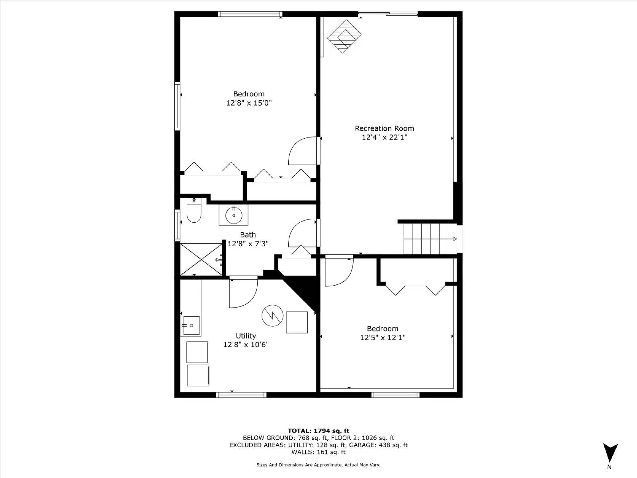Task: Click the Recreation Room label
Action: (x=384, y=128)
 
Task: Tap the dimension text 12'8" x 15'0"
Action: (x=249, y=103)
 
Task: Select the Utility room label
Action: (x=246, y=336)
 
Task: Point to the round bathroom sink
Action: (x=233, y=215)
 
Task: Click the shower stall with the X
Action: (x=201, y=259)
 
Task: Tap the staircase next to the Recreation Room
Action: (x=429, y=239)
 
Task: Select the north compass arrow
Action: (x=610, y=453)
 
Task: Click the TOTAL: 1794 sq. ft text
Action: (x=318, y=431)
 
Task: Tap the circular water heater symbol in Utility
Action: (x=272, y=316)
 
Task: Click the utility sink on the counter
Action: (x=191, y=326)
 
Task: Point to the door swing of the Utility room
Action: (x=242, y=293)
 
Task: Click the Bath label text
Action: (x=248, y=235)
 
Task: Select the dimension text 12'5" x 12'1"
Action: (x=383, y=338)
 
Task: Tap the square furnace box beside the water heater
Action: (x=297, y=322)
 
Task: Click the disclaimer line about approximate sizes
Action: (x=318, y=465)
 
